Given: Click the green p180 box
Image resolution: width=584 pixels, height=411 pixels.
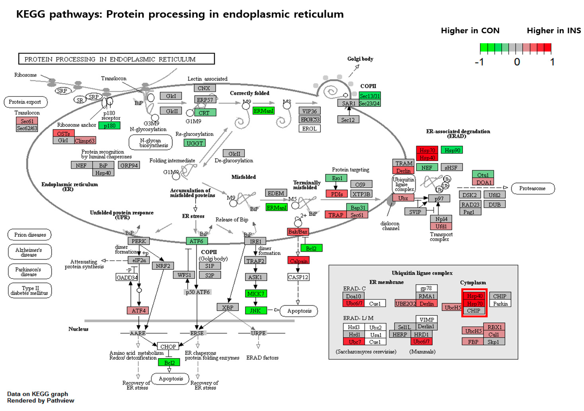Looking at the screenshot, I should (109, 125).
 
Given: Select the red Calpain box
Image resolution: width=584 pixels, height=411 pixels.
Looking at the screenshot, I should (298, 261).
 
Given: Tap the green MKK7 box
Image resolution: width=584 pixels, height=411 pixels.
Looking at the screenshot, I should (256, 294).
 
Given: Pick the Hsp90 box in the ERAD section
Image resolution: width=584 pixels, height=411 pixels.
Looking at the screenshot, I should (452, 150).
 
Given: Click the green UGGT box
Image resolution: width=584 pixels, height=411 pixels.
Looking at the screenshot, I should (195, 143).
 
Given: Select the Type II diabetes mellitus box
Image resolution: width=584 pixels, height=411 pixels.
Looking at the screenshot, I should (30, 291).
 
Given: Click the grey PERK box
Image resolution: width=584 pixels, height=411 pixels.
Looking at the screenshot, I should (139, 241).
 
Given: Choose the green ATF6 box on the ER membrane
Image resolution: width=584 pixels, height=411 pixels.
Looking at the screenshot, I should (197, 241).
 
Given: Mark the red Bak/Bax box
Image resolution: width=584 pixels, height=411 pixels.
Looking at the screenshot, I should (298, 232).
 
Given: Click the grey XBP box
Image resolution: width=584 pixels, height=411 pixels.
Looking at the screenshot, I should (228, 307).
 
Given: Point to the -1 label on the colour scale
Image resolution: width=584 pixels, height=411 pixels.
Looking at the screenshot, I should (479, 62).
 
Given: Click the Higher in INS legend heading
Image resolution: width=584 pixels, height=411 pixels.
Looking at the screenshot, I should (553, 31).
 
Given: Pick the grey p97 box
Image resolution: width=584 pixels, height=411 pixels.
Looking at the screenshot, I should (439, 198).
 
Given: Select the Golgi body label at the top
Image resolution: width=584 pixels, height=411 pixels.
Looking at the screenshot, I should (360, 59).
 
